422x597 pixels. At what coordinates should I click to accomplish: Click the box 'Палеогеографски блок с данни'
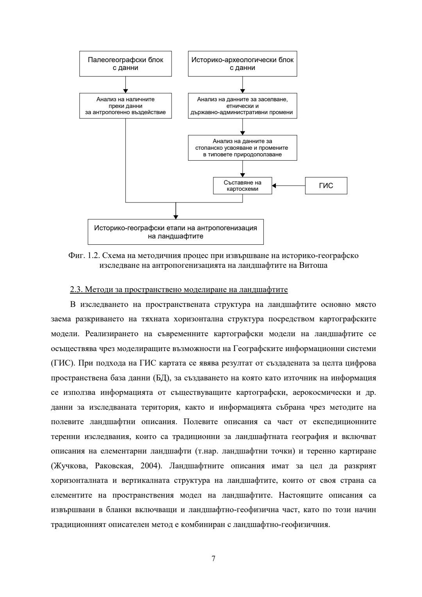click(125, 64)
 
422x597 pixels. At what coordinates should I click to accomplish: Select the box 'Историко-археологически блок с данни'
click(242, 64)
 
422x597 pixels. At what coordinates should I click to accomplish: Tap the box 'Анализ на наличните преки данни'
click(125, 106)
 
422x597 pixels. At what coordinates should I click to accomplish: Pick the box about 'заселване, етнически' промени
click(242, 106)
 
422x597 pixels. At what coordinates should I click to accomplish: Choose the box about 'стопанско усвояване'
click(242, 148)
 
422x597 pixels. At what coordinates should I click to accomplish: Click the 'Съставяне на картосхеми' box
click(242, 186)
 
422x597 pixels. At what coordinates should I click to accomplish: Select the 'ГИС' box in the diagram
click(326, 186)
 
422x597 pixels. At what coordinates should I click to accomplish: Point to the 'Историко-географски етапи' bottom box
click(175, 232)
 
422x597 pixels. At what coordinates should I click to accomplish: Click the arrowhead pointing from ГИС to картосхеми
click(274, 186)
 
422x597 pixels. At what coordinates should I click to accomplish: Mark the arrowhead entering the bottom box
click(176, 217)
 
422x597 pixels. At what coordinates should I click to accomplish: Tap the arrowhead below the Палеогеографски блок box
click(125, 90)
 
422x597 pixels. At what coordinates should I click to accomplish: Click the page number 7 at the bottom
click(213, 558)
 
